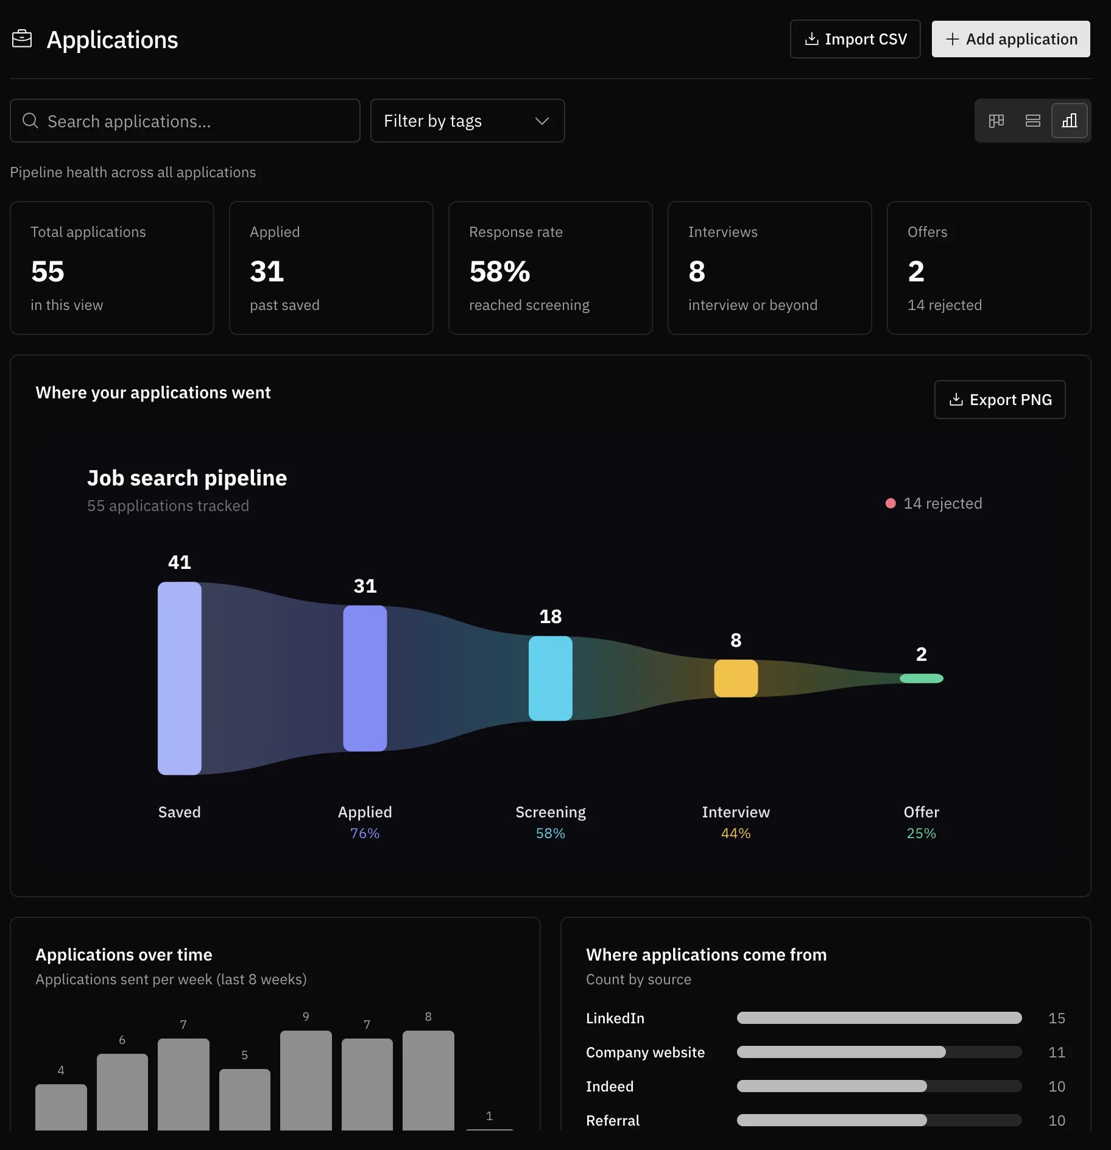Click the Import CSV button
[x=855, y=39]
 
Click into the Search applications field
[x=185, y=121]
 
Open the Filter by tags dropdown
[x=467, y=121]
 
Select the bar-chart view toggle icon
[x=1069, y=121]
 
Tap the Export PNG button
[x=1000, y=400]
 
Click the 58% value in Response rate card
[x=499, y=271]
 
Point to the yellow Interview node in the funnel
[x=736, y=678]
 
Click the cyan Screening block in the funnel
[x=551, y=678]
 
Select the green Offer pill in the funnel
[x=922, y=678]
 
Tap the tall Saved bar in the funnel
[x=180, y=678]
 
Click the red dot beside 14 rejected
[x=891, y=503]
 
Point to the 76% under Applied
[x=365, y=833]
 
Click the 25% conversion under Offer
[x=921, y=833]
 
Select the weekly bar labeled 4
[x=61, y=1107]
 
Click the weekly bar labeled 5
[x=245, y=1099]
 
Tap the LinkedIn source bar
[x=879, y=1018]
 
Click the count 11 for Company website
[x=1057, y=1052]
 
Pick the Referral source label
[x=613, y=1120]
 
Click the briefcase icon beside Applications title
[x=22, y=39]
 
